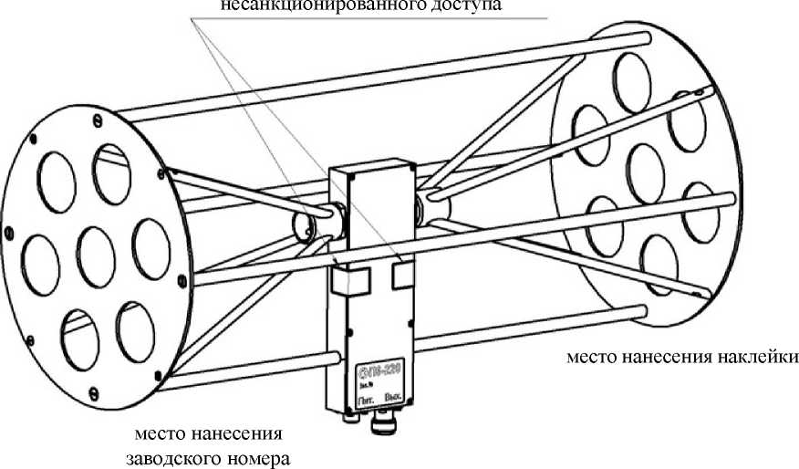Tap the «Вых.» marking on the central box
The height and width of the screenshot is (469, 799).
(x=395, y=398)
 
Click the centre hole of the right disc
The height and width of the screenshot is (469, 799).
(x=649, y=164)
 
